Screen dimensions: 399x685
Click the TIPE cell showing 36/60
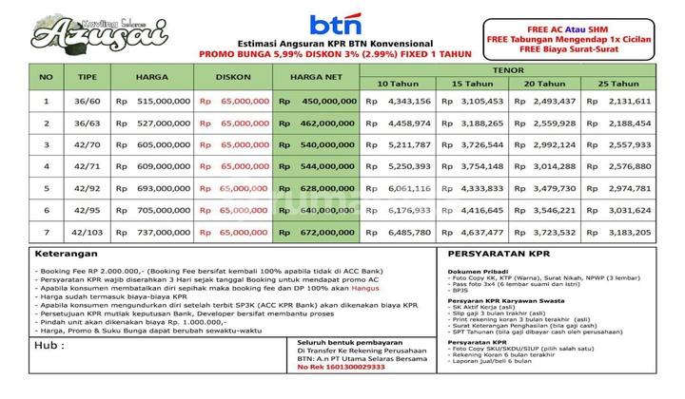[x=88, y=101]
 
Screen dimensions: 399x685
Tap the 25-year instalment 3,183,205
[x=628, y=231]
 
